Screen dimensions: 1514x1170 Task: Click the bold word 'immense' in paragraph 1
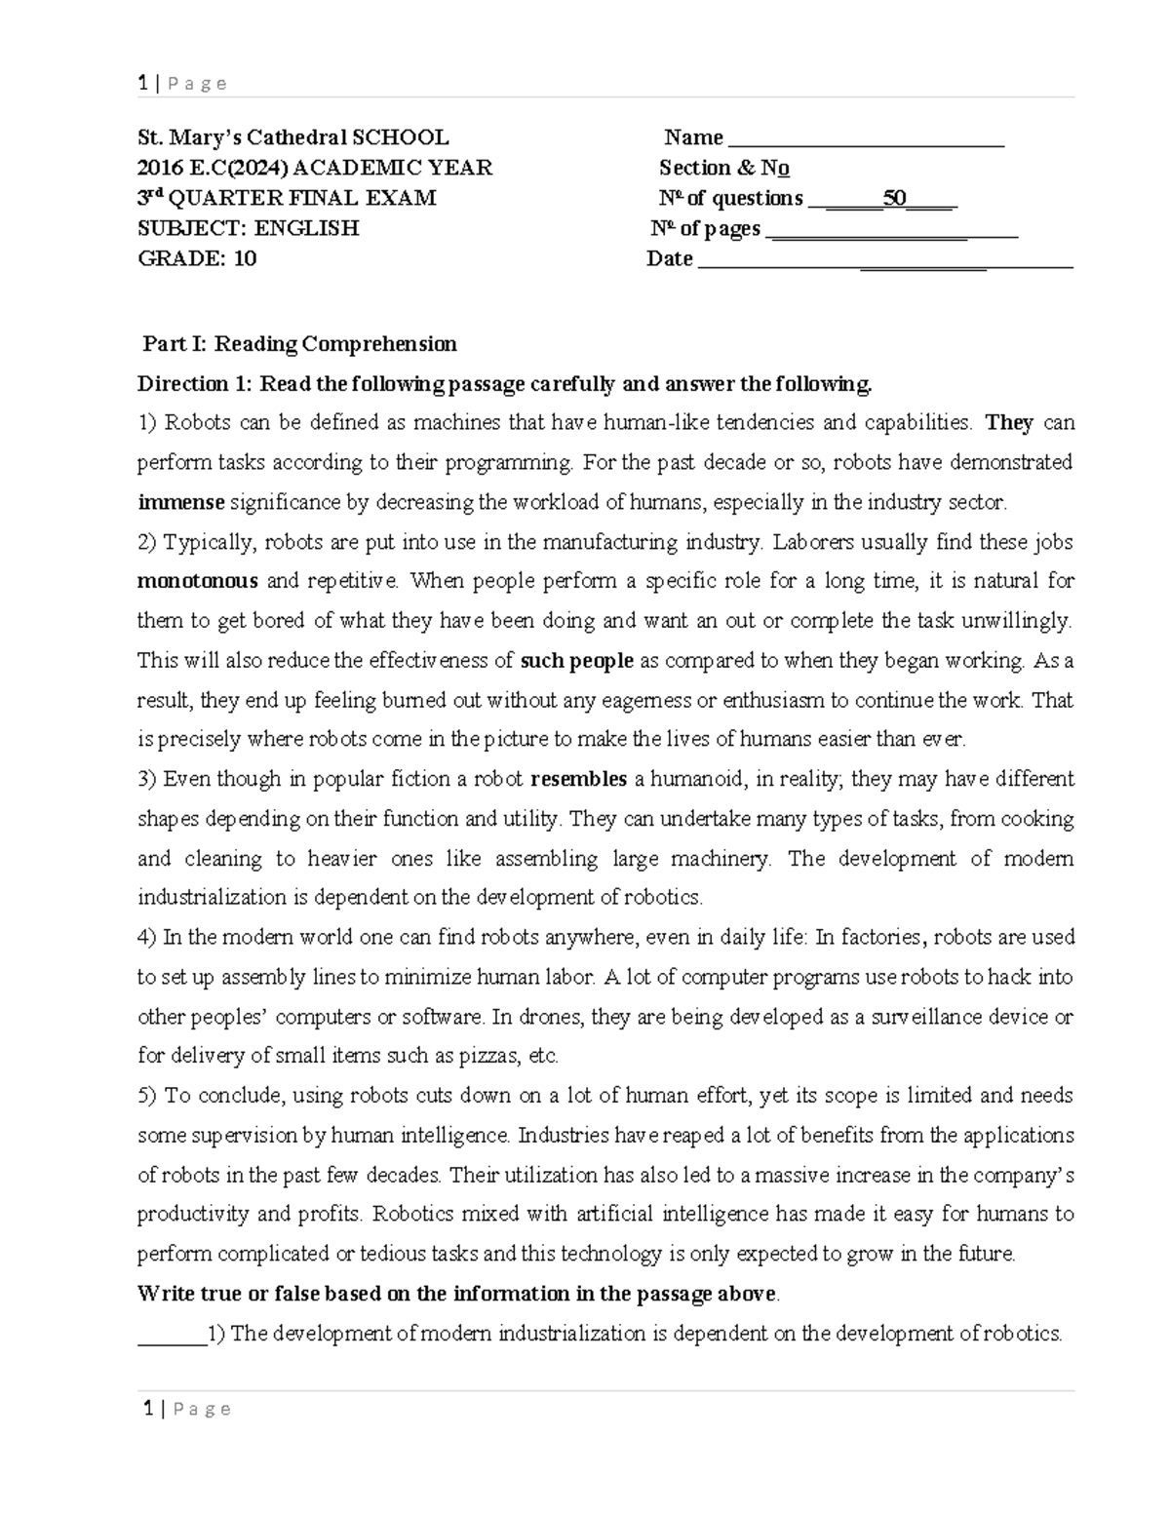pos(181,503)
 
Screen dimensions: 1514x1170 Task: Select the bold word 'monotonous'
pos(198,582)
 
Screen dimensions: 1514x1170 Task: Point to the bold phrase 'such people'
pos(577,661)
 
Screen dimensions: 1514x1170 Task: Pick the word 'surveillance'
pos(918,1017)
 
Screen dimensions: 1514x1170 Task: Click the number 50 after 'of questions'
pos(894,199)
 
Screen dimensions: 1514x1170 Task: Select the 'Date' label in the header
pos(670,259)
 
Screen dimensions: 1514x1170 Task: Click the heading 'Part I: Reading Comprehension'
pos(299,344)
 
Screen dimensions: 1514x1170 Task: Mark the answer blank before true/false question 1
pos(171,1335)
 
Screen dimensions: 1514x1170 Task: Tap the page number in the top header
pos(143,84)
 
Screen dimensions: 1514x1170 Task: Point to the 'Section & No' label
pos(724,169)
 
